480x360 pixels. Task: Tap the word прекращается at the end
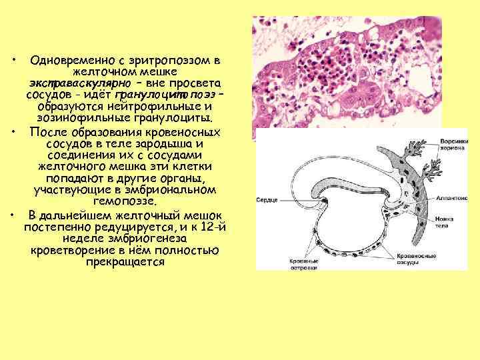click(125, 262)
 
